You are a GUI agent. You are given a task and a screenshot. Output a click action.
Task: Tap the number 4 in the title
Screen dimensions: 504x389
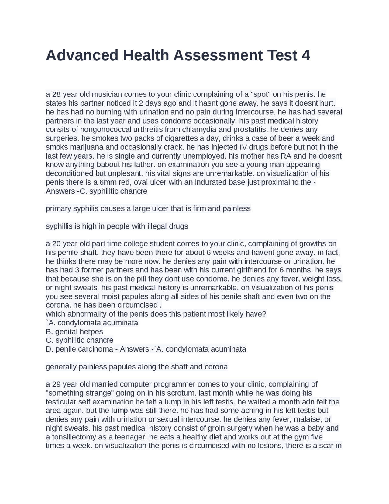click(x=306, y=55)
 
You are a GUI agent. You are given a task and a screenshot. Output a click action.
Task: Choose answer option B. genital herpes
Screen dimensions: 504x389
click(x=74, y=332)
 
